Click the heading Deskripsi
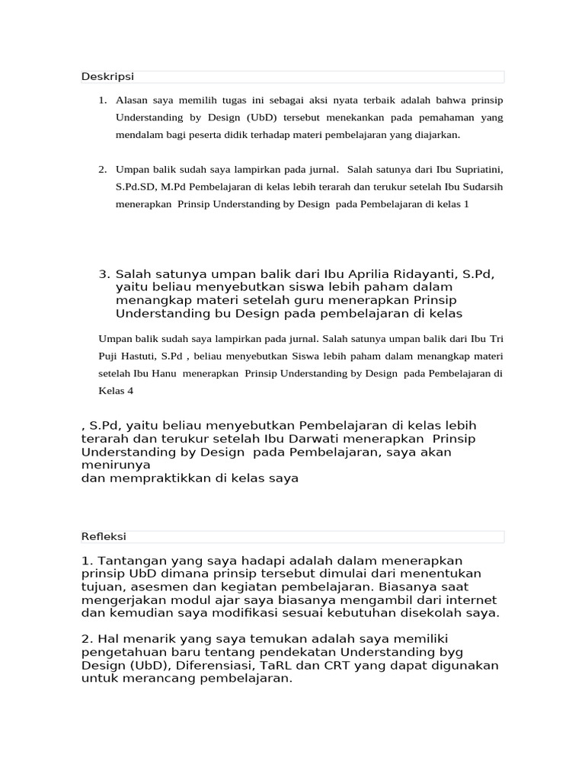(107, 77)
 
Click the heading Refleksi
(104, 537)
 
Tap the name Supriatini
(473, 168)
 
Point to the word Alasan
(133, 101)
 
